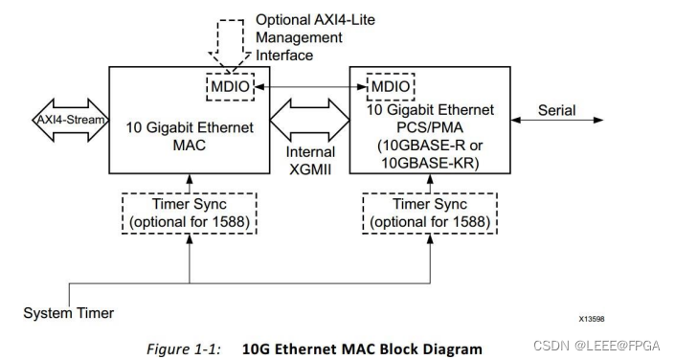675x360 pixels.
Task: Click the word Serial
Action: (555, 110)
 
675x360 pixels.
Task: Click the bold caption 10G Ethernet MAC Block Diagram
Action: (362, 349)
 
